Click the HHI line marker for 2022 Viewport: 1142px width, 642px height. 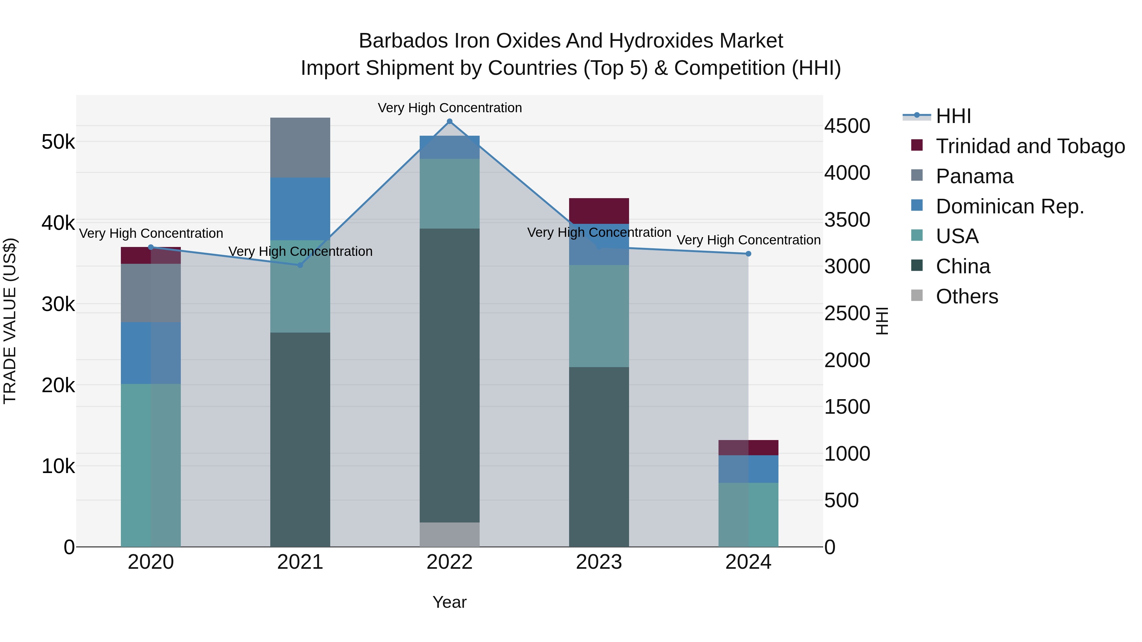(450, 121)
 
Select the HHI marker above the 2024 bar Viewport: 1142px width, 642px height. (748, 254)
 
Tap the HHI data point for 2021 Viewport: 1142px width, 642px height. (300, 265)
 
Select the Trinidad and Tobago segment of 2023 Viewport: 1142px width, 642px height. (599, 211)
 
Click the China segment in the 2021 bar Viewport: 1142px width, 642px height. (300, 439)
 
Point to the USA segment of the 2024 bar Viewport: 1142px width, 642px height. (748, 515)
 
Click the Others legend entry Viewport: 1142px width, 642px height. (967, 296)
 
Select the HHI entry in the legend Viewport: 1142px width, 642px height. (953, 116)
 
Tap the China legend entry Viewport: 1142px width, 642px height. (962, 266)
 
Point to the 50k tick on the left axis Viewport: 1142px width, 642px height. (58, 142)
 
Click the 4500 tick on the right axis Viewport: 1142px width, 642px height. (847, 126)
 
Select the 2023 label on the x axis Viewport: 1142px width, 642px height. (599, 562)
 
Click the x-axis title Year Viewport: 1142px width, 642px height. (450, 602)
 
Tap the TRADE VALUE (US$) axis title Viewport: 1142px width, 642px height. (10, 321)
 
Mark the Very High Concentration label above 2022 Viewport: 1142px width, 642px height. (450, 108)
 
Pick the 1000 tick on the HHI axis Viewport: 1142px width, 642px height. (847, 454)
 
